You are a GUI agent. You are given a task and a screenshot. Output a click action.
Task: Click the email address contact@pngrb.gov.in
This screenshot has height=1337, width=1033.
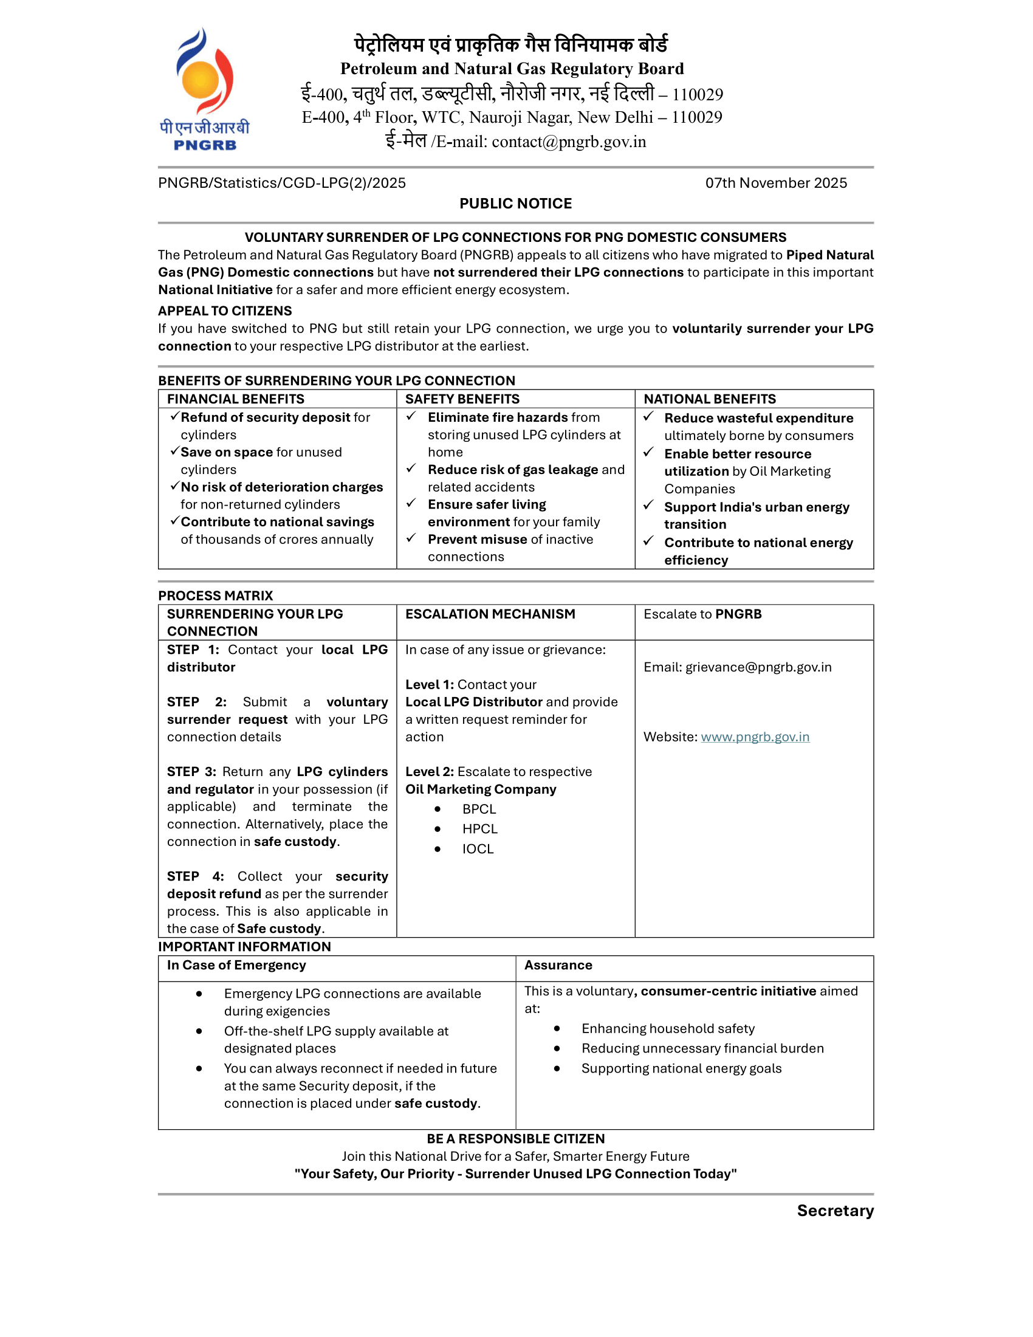(569, 142)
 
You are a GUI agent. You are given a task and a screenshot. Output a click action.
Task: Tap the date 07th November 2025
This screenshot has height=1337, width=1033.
(775, 183)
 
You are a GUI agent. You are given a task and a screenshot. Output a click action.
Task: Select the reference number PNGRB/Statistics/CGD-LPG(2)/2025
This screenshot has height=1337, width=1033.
(281, 183)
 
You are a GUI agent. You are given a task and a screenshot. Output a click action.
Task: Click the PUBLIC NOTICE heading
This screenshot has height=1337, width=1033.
(515, 204)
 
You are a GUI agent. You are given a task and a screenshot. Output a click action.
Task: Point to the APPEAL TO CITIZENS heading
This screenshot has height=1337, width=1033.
(225, 311)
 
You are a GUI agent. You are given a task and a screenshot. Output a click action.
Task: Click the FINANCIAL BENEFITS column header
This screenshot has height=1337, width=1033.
(236, 399)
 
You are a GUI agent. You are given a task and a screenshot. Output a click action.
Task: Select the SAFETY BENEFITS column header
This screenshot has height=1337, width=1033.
(462, 399)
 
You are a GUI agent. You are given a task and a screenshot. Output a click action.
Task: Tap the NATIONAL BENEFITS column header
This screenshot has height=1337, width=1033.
(709, 399)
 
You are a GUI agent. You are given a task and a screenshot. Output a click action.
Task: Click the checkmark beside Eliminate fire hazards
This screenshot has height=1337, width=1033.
(411, 416)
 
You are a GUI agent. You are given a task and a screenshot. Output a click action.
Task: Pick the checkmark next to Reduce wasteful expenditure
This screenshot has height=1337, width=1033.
(649, 417)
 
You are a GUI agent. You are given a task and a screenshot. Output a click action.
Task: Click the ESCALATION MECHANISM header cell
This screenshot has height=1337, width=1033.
(490, 614)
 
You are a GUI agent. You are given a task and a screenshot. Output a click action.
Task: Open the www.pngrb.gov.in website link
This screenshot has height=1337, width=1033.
(755, 737)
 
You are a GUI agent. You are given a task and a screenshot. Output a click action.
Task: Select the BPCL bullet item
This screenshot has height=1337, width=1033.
(479, 809)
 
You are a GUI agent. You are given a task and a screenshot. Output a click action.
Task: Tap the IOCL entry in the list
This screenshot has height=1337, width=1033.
(478, 849)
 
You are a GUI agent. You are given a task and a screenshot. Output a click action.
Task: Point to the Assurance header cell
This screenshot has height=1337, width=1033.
(558, 966)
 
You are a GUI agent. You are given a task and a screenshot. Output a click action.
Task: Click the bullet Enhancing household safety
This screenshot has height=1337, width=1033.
(668, 1028)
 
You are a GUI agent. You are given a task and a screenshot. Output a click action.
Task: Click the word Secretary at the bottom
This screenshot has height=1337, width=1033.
(835, 1211)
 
